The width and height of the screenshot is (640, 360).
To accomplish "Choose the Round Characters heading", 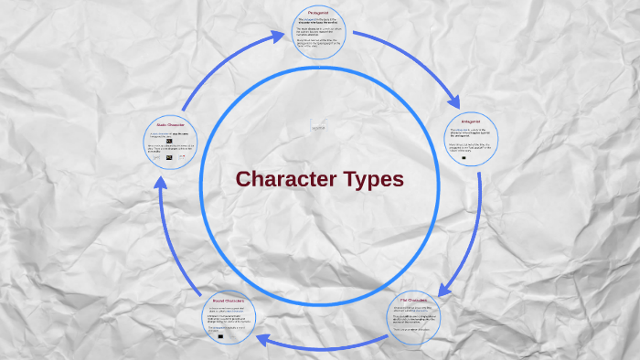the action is [x=229, y=299].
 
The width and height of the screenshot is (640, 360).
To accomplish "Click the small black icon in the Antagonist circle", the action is [x=464, y=157].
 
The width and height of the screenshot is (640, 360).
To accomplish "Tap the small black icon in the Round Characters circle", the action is [x=220, y=335].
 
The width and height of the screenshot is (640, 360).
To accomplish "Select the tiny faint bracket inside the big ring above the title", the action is [x=318, y=128].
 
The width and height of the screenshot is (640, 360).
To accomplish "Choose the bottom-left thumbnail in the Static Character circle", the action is [x=157, y=157].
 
